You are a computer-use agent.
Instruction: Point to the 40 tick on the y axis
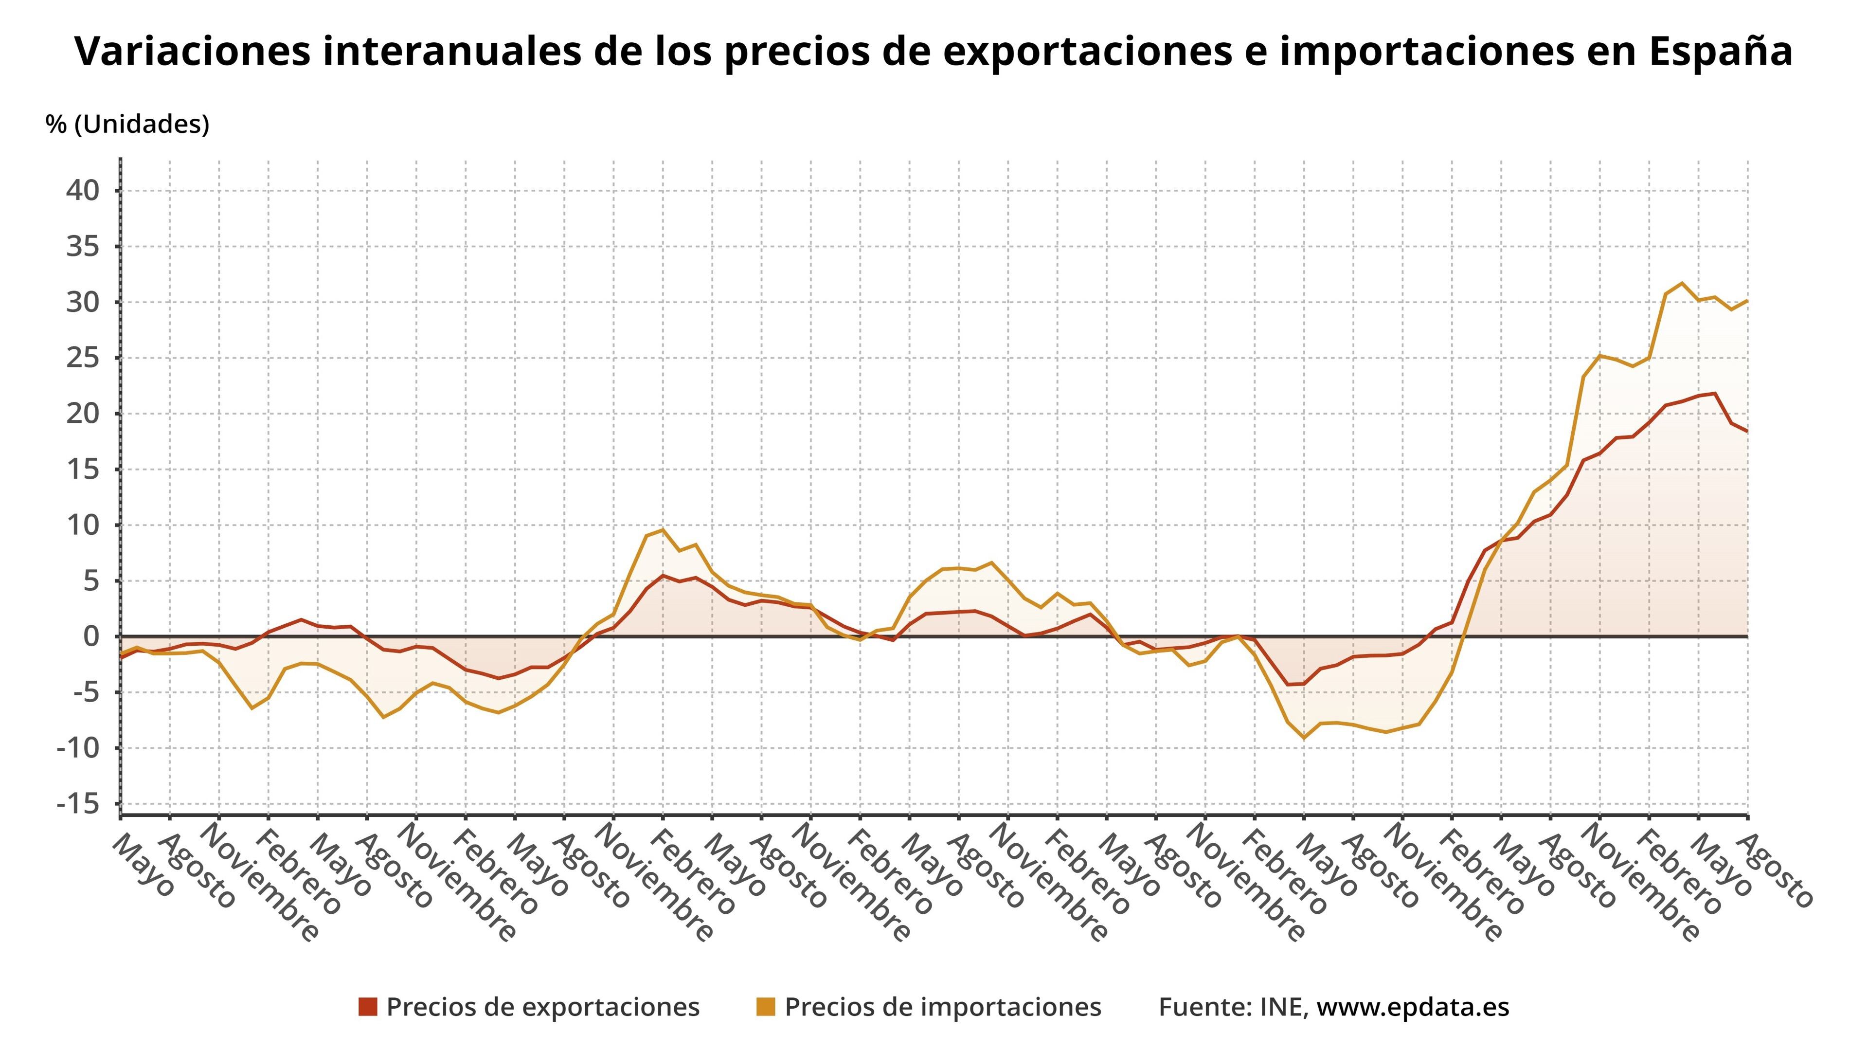[83, 191]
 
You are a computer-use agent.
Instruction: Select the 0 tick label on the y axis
[90, 636]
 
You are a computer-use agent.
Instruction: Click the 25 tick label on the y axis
[83, 358]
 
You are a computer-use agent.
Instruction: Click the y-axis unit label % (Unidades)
[127, 124]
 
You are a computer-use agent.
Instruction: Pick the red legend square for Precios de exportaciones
[368, 1007]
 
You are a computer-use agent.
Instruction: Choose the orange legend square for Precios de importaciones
[766, 1007]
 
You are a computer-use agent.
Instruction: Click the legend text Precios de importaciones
[943, 1007]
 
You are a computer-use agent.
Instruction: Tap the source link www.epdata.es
[1413, 1007]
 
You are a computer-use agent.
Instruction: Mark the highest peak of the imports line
[1682, 283]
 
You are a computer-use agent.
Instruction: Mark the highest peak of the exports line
[1714, 393]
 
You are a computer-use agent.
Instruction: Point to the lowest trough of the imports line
[1304, 739]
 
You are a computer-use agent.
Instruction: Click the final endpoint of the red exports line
[1747, 432]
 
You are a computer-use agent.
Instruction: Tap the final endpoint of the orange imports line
[1747, 300]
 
